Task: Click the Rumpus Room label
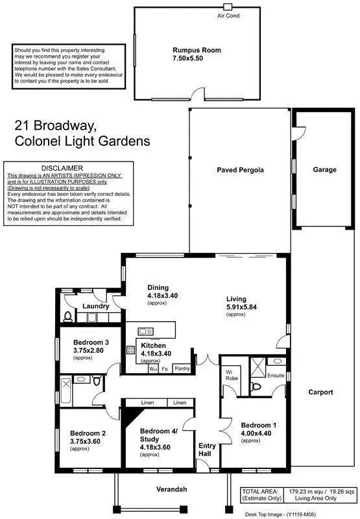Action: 197,50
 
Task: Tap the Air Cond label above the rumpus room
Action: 228,16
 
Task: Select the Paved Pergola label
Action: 240,170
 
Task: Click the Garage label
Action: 324,170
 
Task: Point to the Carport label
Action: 320,392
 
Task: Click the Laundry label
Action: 94,306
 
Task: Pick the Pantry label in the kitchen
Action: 182,368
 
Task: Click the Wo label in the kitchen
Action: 153,368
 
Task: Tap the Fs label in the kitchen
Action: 166,368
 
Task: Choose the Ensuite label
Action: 276,375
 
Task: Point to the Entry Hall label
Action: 207,450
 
